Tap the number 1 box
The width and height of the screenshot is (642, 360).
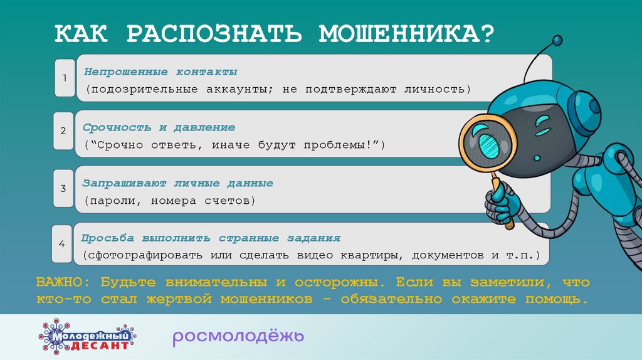tap(64, 78)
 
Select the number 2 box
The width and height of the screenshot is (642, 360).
tap(63, 131)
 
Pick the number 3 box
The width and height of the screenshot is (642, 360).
tap(63, 188)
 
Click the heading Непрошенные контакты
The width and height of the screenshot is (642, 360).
tap(160, 71)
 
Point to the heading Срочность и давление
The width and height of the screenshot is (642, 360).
tap(159, 127)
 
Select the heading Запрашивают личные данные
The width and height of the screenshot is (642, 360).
tap(177, 184)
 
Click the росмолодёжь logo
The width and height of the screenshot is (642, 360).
tap(238, 337)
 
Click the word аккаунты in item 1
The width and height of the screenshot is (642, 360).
tap(236, 89)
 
